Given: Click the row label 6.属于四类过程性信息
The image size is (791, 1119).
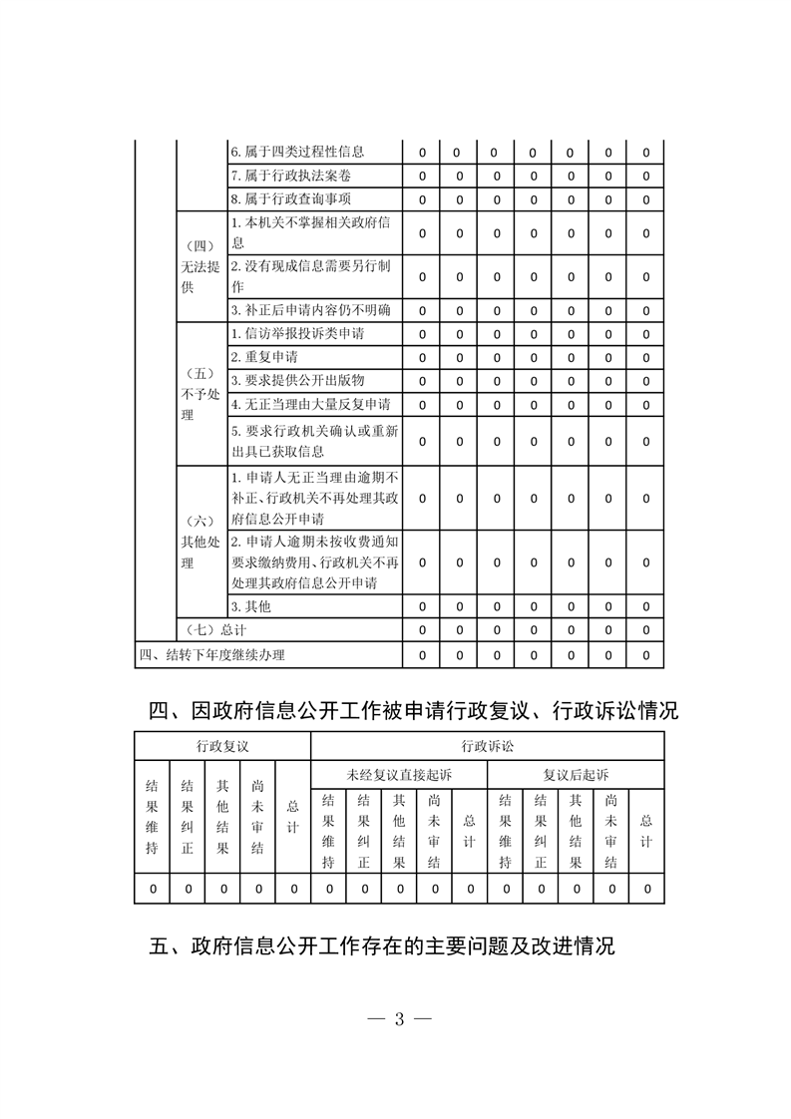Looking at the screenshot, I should tap(297, 153).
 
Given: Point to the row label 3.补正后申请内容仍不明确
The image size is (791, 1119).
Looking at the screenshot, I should tap(310, 309).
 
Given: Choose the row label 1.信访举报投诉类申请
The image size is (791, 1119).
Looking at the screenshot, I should tap(297, 333).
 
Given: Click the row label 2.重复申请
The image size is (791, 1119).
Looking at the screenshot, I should tap(264, 357).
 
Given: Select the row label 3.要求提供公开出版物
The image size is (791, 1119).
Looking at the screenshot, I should tap(297, 380).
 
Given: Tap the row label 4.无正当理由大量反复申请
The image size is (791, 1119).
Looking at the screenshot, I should tap(310, 404).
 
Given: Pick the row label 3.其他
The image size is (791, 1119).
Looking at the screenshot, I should tap(250, 606).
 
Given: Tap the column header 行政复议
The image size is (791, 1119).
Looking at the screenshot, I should tap(222, 746).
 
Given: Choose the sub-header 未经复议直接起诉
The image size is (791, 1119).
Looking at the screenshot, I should tap(399, 774).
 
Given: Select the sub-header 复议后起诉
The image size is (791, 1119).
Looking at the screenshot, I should tap(576, 774).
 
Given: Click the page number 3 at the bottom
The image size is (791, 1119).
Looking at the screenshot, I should tap(398, 1019).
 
